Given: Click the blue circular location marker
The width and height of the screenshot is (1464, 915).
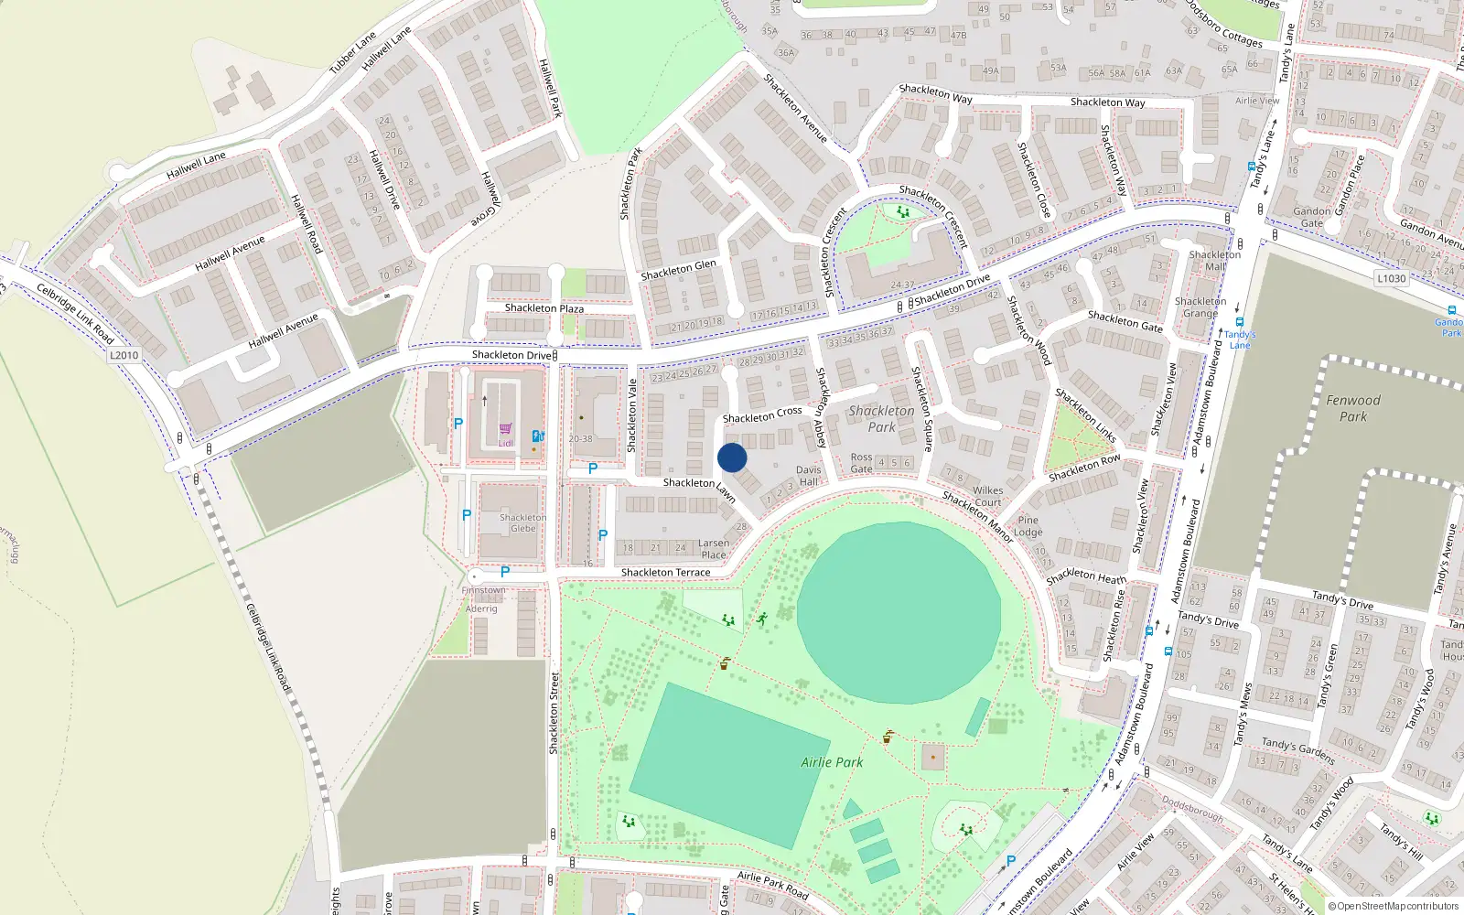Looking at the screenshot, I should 732,457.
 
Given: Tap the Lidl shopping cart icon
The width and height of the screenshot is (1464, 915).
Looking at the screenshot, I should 505,428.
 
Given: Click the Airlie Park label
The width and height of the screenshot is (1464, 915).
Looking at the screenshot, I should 832,762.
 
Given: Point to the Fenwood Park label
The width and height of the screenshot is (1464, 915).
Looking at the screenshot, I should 1353,408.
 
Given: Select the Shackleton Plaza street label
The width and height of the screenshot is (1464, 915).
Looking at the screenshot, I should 544,308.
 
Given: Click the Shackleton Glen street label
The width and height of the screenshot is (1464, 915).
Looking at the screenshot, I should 678,270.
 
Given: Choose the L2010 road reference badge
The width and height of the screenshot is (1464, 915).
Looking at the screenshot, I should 124,355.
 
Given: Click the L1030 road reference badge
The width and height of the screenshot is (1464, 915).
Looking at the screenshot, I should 1391,278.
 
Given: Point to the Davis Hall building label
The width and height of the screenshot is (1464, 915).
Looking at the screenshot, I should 809,476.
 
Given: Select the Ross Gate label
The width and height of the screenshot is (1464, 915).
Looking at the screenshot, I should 861,463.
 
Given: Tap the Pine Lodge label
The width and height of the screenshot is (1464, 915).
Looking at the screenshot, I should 1028,526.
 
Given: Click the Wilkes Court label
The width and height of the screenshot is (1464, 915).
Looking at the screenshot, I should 988,497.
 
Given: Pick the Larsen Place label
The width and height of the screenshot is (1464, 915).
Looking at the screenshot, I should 714,549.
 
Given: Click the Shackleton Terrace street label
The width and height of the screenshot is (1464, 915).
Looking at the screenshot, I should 665,573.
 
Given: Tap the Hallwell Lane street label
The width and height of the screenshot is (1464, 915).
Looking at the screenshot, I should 196,166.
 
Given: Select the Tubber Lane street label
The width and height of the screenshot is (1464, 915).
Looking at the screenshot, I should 352,52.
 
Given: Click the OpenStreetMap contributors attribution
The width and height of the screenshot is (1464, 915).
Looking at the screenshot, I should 1394,907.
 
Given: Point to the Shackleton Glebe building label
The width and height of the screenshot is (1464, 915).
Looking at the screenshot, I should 523,522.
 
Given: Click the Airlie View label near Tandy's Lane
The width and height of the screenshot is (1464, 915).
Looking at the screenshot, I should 1257,101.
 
